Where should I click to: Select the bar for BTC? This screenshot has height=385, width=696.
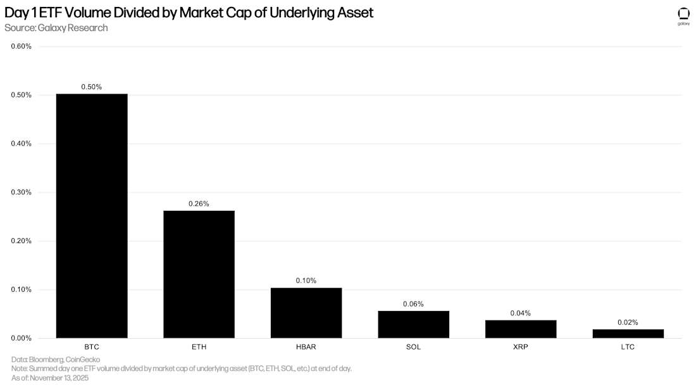point(92,215)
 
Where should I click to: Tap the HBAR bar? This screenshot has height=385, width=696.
point(306,313)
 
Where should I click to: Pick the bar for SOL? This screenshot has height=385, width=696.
point(413,324)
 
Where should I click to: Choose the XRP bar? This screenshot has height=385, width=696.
point(521,329)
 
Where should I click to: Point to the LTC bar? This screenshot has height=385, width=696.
point(628,334)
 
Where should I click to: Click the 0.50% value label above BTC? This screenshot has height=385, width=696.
point(92,86)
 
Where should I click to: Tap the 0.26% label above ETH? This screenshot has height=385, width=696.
point(199,203)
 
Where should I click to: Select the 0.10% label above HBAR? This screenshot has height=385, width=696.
point(306,281)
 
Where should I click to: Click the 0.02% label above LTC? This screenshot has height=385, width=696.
point(628,322)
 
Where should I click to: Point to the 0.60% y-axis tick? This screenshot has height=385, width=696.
point(21,46)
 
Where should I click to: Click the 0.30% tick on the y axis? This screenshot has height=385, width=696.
point(21,192)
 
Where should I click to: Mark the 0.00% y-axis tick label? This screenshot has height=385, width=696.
point(21,338)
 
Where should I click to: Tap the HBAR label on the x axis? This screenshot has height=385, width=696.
point(306,348)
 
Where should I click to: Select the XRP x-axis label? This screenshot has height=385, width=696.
point(521,348)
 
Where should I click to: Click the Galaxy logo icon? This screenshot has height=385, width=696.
point(683,14)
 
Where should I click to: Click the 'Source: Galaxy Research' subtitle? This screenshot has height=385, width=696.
point(56,28)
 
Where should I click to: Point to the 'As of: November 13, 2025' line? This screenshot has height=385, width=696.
point(50,377)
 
